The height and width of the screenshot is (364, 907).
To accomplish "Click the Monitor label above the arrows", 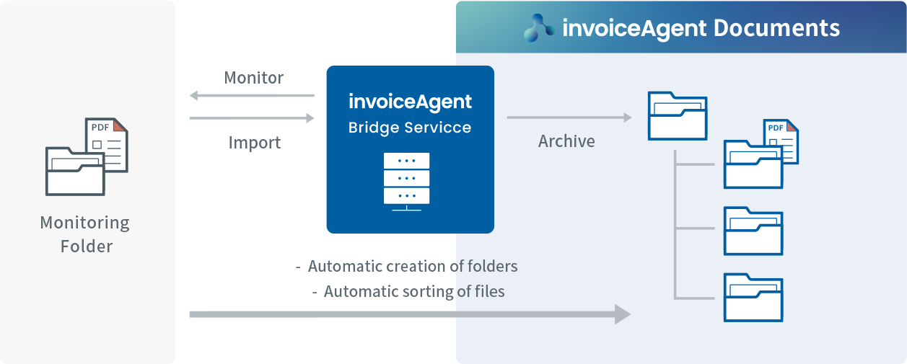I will (254, 78).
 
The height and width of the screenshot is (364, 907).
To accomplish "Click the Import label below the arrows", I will (254, 143).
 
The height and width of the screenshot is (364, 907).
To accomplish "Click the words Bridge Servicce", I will (409, 128).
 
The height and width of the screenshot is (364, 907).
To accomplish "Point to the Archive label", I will (566, 141).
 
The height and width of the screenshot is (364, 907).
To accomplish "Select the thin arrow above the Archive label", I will (569, 117).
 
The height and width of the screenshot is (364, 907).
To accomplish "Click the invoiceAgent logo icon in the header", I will (540, 28).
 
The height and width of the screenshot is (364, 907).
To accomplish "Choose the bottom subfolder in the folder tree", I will (753, 297).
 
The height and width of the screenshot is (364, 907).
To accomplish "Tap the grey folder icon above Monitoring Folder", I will (74, 171).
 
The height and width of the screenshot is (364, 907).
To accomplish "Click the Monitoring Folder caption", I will (85, 234).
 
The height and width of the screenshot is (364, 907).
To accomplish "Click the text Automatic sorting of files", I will (413, 292).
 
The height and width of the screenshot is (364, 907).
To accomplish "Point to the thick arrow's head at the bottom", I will (621, 314).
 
